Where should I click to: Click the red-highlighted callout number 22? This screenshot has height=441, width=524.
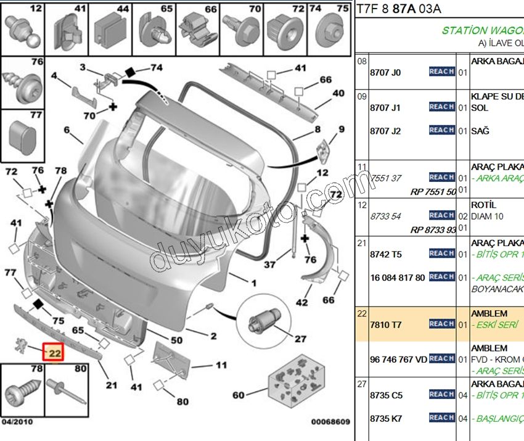click(x=54, y=353)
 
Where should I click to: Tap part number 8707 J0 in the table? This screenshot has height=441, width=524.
click(x=385, y=72)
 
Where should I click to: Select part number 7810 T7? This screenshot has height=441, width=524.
click(x=385, y=324)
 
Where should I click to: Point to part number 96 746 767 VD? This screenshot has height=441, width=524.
click(x=398, y=359)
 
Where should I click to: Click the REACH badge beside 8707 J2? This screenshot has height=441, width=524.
click(x=441, y=130)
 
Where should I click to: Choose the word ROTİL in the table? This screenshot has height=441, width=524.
click(x=484, y=205)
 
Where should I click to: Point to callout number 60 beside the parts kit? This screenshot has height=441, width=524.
click(x=238, y=395)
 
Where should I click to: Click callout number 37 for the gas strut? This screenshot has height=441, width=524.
click(x=269, y=265)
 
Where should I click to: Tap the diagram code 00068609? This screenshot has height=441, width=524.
click(x=330, y=422)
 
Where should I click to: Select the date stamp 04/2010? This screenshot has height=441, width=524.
click(x=18, y=422)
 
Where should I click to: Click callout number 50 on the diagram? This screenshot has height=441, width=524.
click(x=176, y=340)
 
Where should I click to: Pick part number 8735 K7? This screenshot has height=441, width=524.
click(x=385, y=418)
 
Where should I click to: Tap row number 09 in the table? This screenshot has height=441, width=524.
click(x=362, y=97)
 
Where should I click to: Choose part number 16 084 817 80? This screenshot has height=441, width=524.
click(x=398, y=278)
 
